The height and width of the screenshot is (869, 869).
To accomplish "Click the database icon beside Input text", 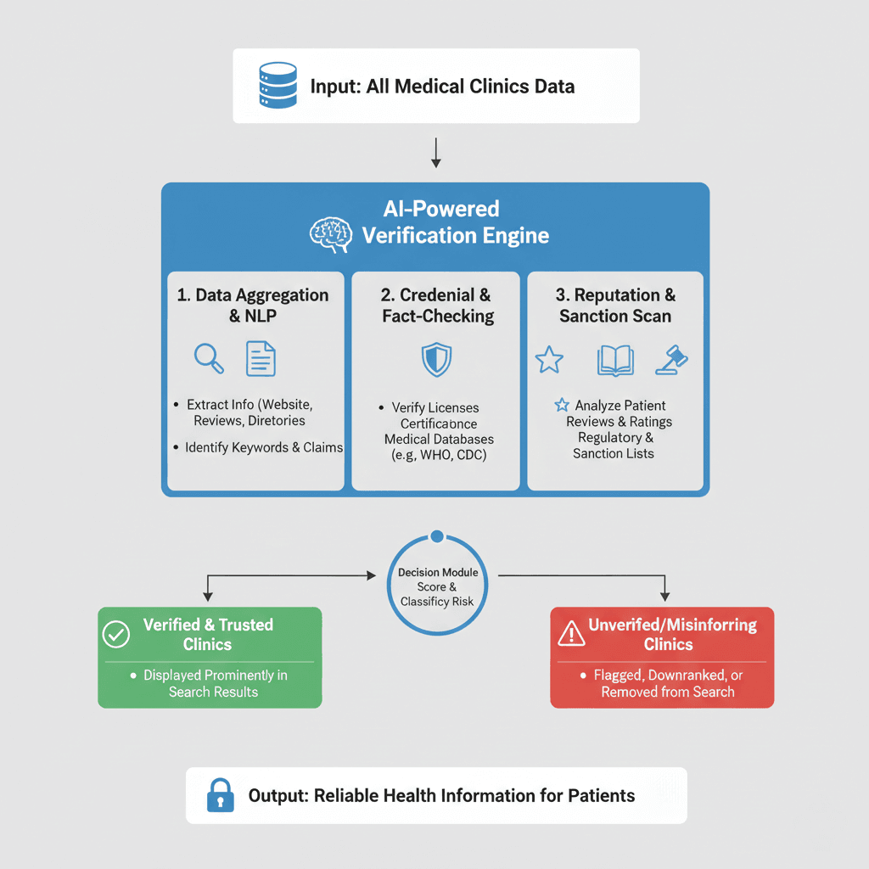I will point(277,86).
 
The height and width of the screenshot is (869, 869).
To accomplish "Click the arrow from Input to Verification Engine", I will point(435,152).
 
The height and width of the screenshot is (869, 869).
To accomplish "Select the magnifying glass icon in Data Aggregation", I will point(209,358).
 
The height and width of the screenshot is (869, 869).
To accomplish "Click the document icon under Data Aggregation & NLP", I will point(261,358).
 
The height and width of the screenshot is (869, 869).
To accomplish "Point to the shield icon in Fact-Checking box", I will point(435,359).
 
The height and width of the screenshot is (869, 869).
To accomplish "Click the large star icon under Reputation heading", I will point(549,360).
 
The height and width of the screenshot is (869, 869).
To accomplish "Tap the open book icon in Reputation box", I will point(615,360).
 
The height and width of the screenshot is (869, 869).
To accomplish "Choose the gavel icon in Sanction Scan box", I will point(671,359).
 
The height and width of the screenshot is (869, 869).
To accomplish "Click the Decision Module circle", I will point(439,586).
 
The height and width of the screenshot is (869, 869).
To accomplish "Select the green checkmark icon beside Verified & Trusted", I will point(116,635).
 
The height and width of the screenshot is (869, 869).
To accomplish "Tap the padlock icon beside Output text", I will point(221,796).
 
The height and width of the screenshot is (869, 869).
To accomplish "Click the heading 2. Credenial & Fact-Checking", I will point(436,306).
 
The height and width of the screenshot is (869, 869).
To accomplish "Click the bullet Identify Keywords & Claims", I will point(263,447).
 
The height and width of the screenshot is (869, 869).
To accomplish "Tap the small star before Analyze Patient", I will point(561,406).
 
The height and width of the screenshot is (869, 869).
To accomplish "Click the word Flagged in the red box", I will point(619,676).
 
